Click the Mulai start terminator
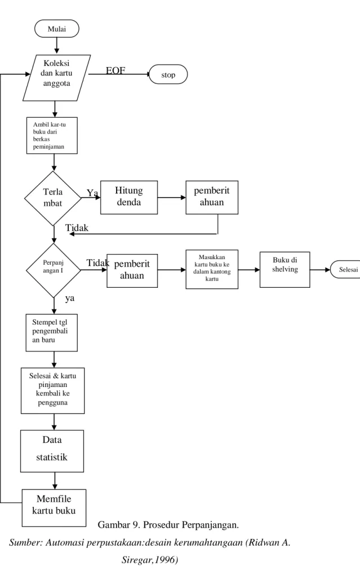[57, 29]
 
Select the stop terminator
[168, 74]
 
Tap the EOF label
[115, 70]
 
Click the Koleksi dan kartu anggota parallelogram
[56, 78]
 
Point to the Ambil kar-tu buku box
[52, 136]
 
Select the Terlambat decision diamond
[53, 198]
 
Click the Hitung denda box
[129, 197]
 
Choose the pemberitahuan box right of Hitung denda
[212, 197]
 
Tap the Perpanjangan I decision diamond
[54, 270]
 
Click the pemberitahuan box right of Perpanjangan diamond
[132, 271]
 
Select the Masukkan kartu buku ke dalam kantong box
[212, 269]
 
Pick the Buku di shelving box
[285, 270]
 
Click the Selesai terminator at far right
[346, 270]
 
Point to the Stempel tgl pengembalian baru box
[52, 332]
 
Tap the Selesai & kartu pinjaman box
[53, 390]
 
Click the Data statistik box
[52, 451]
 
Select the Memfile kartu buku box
[54, 507]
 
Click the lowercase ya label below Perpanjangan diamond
[70, 299]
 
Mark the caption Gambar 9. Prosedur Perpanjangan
[168, 525]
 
